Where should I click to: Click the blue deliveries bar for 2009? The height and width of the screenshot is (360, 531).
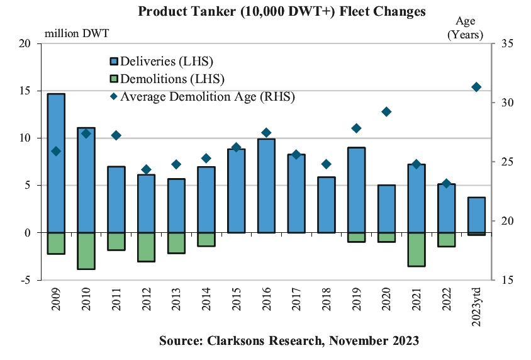pos(56,163)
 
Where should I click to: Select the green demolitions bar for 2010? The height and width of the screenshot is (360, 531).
pos(86,250)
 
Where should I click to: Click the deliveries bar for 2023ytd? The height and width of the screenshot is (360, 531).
pos(476,215)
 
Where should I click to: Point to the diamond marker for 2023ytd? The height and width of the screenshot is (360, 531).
pos(476,87)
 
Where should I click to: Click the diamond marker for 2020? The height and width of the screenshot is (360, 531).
pos(386,112)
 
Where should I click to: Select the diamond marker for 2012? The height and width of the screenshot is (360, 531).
pos(146,169)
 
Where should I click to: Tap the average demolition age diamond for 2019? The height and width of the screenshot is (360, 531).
pos(356,128)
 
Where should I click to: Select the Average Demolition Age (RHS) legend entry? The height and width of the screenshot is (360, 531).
pos(201,96)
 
